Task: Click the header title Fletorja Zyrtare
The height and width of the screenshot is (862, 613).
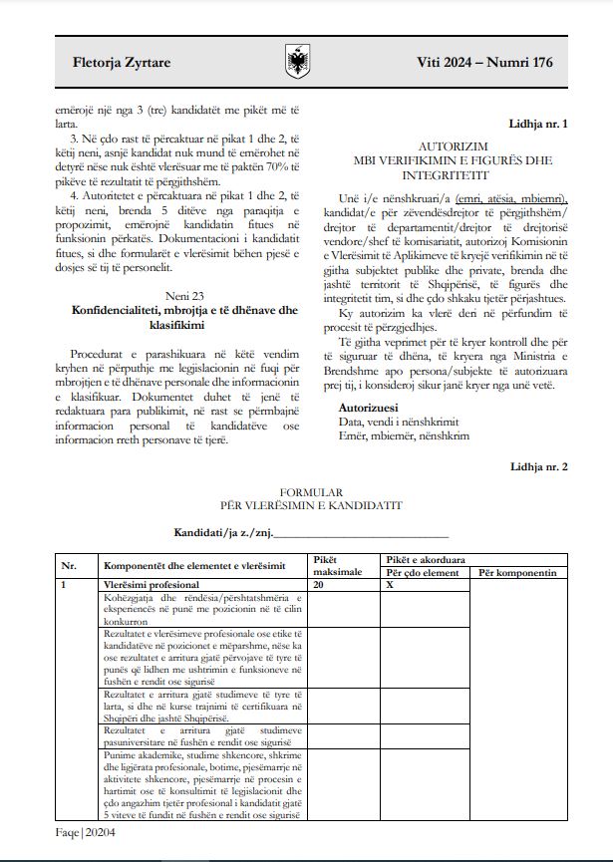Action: (122, 63)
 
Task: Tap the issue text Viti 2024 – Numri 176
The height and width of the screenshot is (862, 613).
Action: (484, 63)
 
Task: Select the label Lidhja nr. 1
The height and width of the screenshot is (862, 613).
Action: (538, 125)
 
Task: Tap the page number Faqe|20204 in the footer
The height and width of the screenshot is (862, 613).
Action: (87, 834)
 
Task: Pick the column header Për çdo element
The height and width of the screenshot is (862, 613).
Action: (422, 572)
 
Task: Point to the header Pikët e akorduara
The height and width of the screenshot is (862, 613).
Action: (423, 560)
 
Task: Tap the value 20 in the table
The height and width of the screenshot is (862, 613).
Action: (319, 585)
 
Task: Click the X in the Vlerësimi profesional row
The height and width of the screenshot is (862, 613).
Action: (390, 585)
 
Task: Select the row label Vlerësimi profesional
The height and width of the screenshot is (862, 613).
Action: (152, 585)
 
